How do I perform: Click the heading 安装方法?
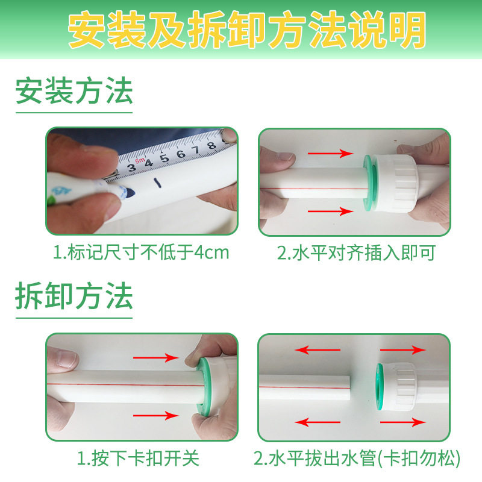click(74, 92)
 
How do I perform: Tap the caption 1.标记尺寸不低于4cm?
click(142, 252)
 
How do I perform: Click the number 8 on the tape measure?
click(211, 145)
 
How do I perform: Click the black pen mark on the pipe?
click(157, 183)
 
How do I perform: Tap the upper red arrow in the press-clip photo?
click(155, 358)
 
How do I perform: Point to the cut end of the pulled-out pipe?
click(349, 385)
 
